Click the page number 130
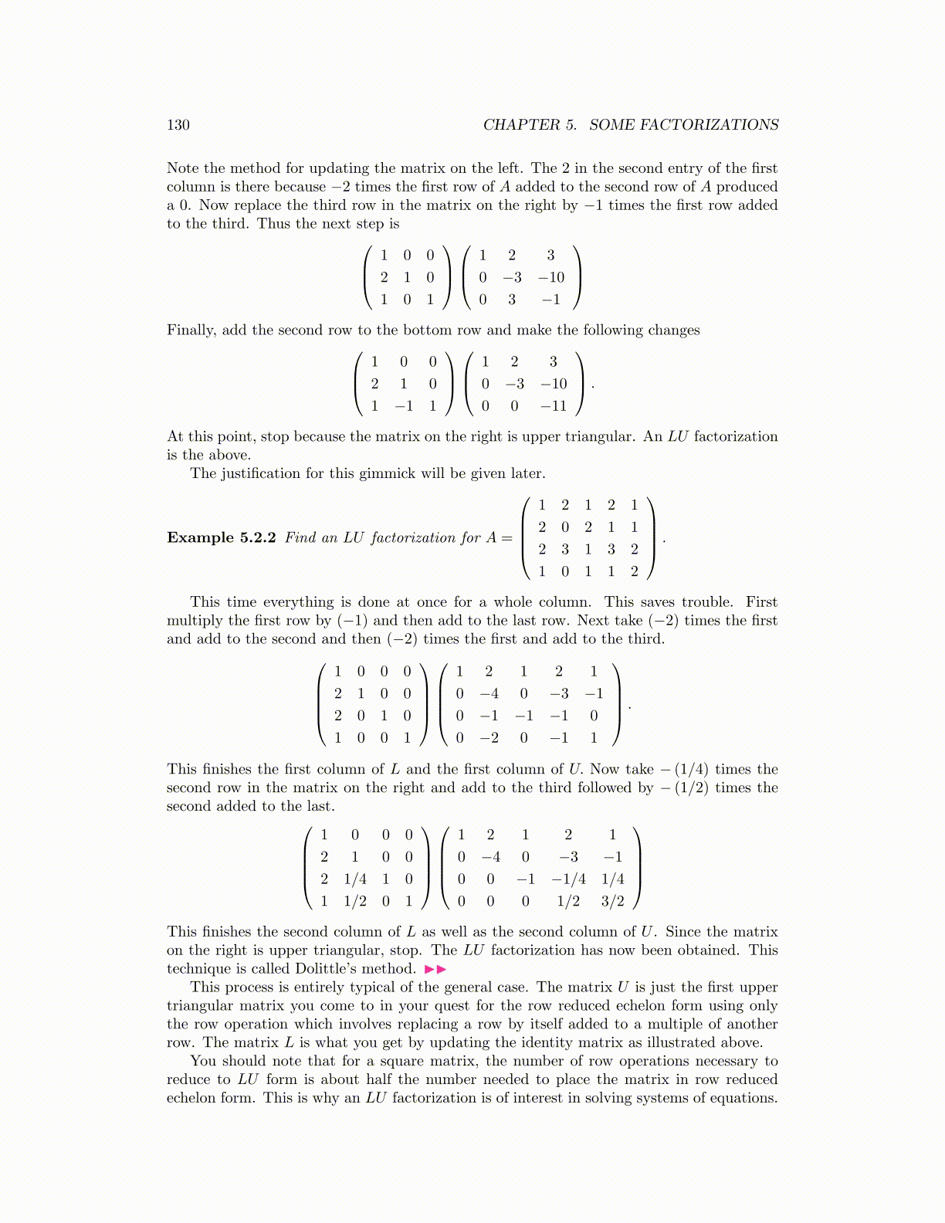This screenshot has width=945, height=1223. click(178, 125)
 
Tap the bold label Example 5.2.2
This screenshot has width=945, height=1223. click(221, 537)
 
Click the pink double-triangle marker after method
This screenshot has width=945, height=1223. click(435, 969)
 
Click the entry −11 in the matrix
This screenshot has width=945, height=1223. click(554, 406)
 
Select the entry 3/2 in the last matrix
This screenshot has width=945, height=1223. click(612, 901)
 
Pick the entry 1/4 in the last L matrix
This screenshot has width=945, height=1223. click(355, 879)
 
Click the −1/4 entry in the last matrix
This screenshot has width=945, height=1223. click(568, 879)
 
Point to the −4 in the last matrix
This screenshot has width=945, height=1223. click(491, 857)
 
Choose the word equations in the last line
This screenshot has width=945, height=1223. click(742, 1098)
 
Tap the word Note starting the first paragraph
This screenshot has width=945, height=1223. click(182, 168)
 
